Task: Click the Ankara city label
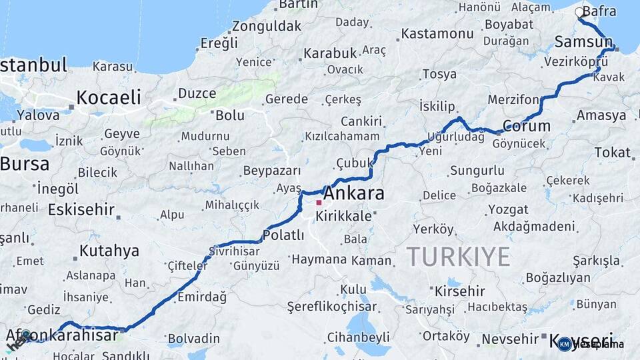pyautogui.click(x=354, y=194)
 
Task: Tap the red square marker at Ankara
pyautogui.click(x=319, y=203)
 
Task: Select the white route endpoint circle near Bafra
pyautogui.click(x=579, y=12)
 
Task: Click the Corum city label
pyautogui.click(x=526, y=126)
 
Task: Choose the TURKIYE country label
pyautogui.click(x=459, y=257)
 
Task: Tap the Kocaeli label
pyautogui.click(x=109, y=97)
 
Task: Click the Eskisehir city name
pyautogui.click(x=81, y=210)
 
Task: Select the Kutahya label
pyautogui.click(x=109, y=251)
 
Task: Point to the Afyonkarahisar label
pyautogui.click(x=62, y=335)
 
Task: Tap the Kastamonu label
pyautogui.click(x=437, y=33)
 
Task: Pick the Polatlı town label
pyautogui.click(x=283, y=235)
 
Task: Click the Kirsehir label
pyautogui.click(x=460, y=291)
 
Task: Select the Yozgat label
pyautogui.click(x=508, y=209)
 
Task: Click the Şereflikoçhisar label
pyautogui.click(x=331, y=307)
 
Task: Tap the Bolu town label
pyautogui.click(x=230, y=115)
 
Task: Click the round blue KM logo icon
pyautogui.click(x=565, y=344)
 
